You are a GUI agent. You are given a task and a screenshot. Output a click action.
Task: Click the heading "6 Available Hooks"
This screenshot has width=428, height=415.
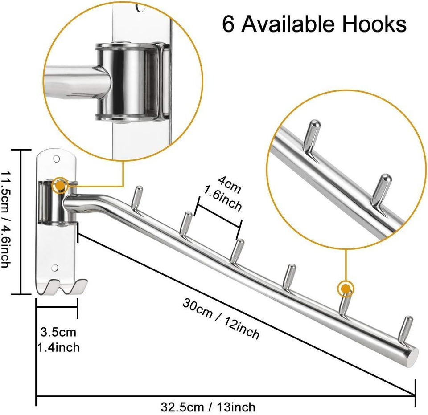(x=314, y=24)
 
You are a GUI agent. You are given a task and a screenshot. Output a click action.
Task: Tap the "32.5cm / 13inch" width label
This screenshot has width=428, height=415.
(x=208, y=407)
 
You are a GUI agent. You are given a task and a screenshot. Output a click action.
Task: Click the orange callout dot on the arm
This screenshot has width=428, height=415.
(x=345, y=289)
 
